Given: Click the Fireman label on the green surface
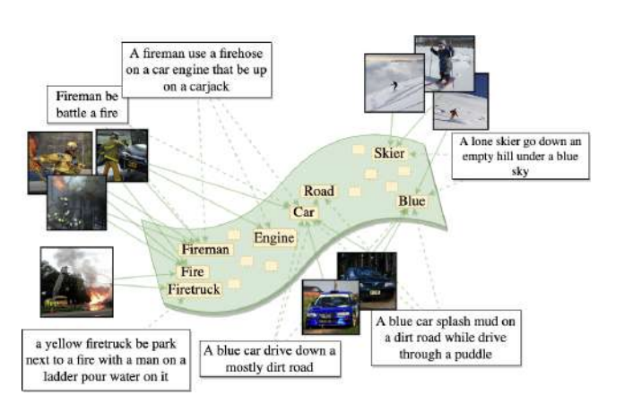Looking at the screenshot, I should pyautogui.click(x=205, y=250).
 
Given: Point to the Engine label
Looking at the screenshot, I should pyautogui.click(x=273, y=237).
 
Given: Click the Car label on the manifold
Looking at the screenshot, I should pyautogui.click(x=301, y=212).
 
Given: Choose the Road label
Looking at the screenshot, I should pyautogui.click(x=318, y=191).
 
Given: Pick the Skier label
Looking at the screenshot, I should pyautogui.click(x=389, y=153).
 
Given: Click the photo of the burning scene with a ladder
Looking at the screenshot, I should pyautogui.click(x=76, y=282).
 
